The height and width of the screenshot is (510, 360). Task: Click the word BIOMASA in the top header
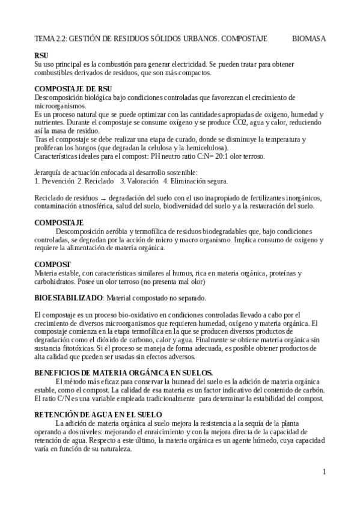(309, 38)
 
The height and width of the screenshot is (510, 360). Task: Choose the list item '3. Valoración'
(139, 181)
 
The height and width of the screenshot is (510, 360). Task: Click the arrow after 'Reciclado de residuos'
(103, 198)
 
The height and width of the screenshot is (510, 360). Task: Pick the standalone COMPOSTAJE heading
(59, 223)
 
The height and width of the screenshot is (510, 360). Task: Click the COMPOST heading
(53, 265)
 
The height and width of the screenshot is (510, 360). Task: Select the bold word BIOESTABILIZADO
(69, 298)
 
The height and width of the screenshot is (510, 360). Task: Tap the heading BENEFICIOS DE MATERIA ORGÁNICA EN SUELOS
(123, 373)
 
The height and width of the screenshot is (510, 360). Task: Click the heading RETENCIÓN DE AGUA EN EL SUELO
(98, 415)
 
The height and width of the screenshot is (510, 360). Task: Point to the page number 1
(324, 472)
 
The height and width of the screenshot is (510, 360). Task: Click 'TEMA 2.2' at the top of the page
(51, 38)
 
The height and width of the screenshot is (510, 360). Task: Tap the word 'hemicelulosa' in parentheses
(203, 148)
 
